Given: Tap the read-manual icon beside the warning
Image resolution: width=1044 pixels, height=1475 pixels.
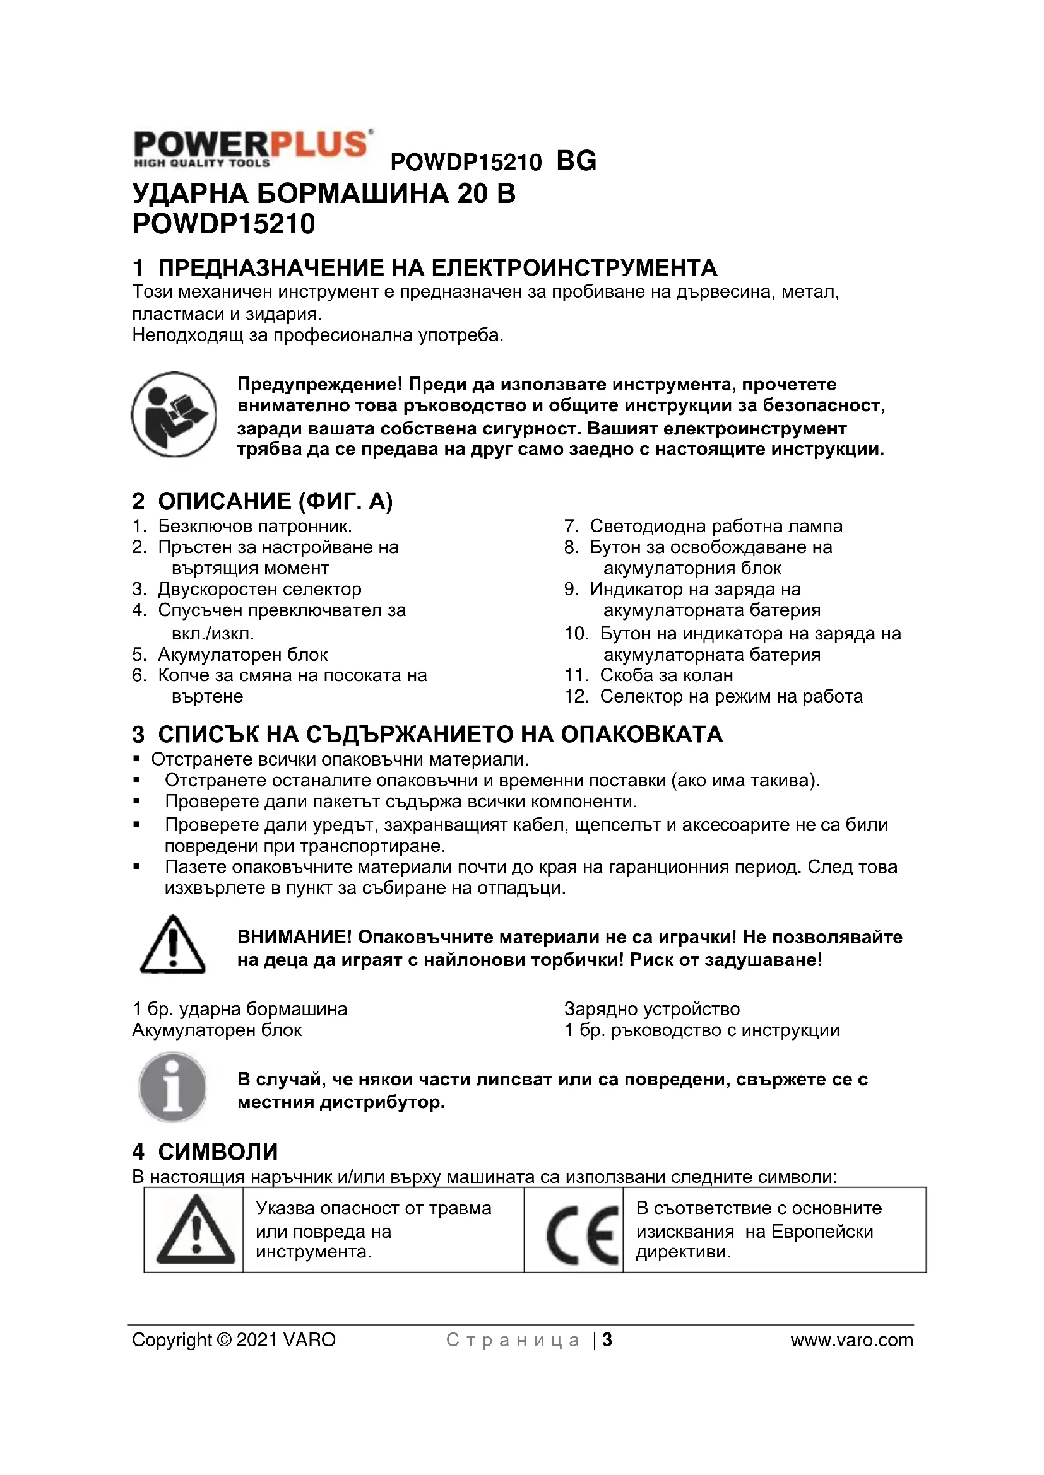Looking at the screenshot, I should click(x=174, y=414).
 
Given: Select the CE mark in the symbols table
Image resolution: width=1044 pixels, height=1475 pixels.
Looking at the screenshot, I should click(x=582, y=1235).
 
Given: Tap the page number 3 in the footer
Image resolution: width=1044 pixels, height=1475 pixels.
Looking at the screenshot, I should click(x=607, y=1340).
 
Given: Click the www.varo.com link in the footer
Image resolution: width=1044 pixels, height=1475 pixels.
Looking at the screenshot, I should click(x=851, y=1340).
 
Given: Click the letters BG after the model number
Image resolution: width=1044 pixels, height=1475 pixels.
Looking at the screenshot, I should click(x=576, y=161).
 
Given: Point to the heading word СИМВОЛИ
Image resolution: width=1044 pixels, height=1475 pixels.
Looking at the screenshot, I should click(x=218, y=1152).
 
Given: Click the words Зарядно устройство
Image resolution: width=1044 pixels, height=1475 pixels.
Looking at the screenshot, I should click(x=652, y=1009).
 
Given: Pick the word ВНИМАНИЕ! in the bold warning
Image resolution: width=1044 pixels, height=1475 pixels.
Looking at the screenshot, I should click(x=294, y=937).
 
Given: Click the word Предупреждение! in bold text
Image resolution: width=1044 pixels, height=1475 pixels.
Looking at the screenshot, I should click(x=319, y=384).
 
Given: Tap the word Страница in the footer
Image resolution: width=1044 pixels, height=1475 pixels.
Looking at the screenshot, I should click(x=513, y=1341).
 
